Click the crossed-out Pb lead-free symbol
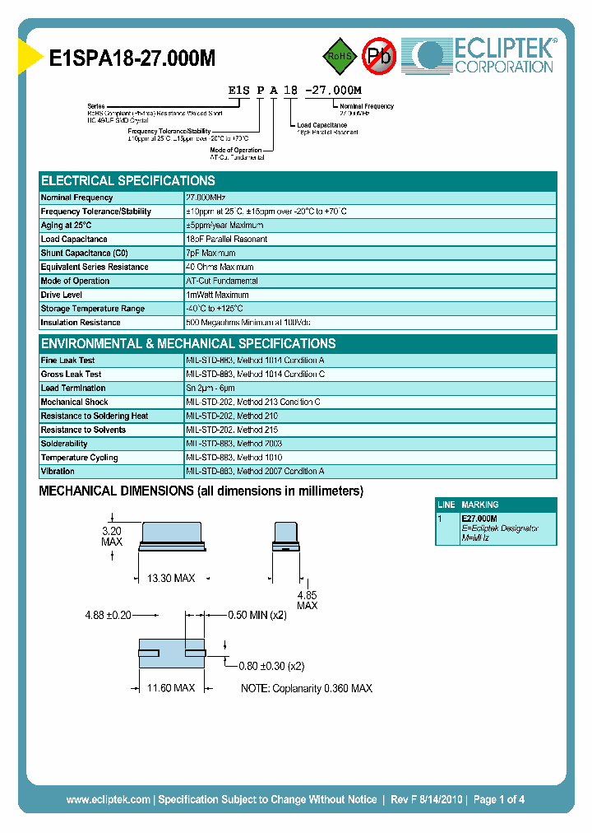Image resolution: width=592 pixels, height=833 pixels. point(379,56)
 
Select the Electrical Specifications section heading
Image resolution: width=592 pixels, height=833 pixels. point(128,181)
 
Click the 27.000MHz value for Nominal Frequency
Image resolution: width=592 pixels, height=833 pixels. point(206,198)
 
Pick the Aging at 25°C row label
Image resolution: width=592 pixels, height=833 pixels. point(67,226)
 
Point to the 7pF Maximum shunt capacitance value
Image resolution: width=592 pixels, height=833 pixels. point(210,254)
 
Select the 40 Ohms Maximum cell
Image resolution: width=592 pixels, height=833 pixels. point(220,267)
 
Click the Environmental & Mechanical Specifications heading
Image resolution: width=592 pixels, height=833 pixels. point(188,344)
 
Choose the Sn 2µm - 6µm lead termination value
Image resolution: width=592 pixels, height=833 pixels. point(210,388)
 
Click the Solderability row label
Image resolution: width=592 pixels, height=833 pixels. point(64,444)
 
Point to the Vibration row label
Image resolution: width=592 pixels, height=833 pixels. point(58,472)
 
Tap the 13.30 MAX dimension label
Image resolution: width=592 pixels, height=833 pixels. point(171,579)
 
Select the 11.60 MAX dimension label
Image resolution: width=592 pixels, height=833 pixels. point(171,687)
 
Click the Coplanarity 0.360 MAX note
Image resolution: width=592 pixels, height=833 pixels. point(307,688)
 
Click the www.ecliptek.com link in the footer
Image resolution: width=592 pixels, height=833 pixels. point(108,799)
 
